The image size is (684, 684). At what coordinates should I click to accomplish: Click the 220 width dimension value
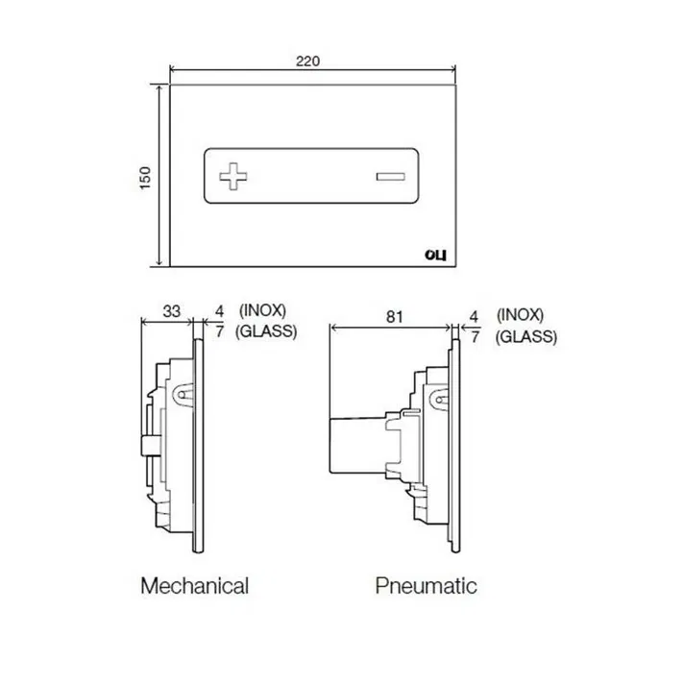[x=307, y=61]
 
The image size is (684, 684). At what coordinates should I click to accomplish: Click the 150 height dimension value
[x=145, y=178]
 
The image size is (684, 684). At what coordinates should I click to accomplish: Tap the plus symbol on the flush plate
[x=232, y=176]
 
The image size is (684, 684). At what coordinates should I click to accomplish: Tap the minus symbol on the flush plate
[x=390, y=177]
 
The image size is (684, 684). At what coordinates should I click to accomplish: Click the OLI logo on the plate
[x=435, y=256]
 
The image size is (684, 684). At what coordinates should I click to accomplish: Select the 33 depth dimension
[x=171, y=311]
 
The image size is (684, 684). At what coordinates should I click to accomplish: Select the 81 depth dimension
[x=394, y=317]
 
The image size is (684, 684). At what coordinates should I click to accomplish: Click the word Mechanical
[x=195, y=585]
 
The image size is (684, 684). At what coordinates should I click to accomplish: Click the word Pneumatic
[x=426, y=585]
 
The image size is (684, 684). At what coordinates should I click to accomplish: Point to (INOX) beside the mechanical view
[x=262, y=311]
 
